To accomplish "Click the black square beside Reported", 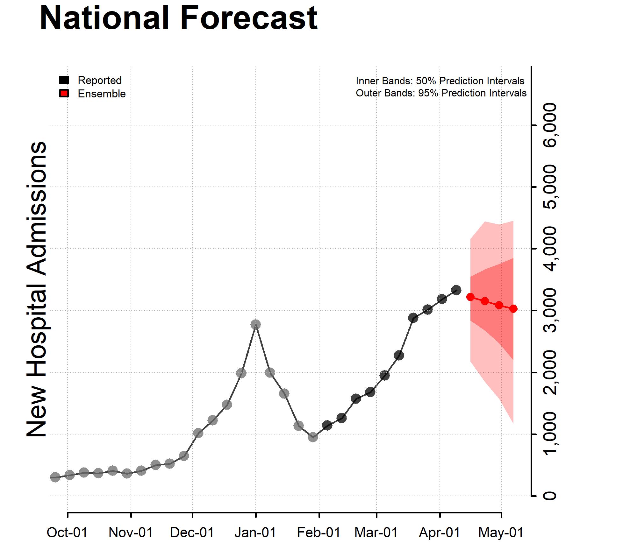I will [x=64, y=80].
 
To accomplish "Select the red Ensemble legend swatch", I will [x=64, y=94].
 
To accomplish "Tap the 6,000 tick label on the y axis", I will [x=550, y=125].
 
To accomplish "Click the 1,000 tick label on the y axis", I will [x=550, y=434].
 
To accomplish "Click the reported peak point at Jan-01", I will [x=255, y=324].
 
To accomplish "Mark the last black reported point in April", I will [x=456, y=290].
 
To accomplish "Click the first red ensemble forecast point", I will [x=470, y=297].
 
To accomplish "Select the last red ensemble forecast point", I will [x=513, y=309].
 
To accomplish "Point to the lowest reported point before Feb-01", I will [x=313, y=437].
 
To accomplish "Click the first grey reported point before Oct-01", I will [x=55, y=477].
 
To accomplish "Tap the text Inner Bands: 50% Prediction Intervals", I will [x=440, y=81].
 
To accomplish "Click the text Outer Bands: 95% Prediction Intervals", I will [x=441, y=93].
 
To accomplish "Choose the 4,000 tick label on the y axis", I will [x=550, y=249].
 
